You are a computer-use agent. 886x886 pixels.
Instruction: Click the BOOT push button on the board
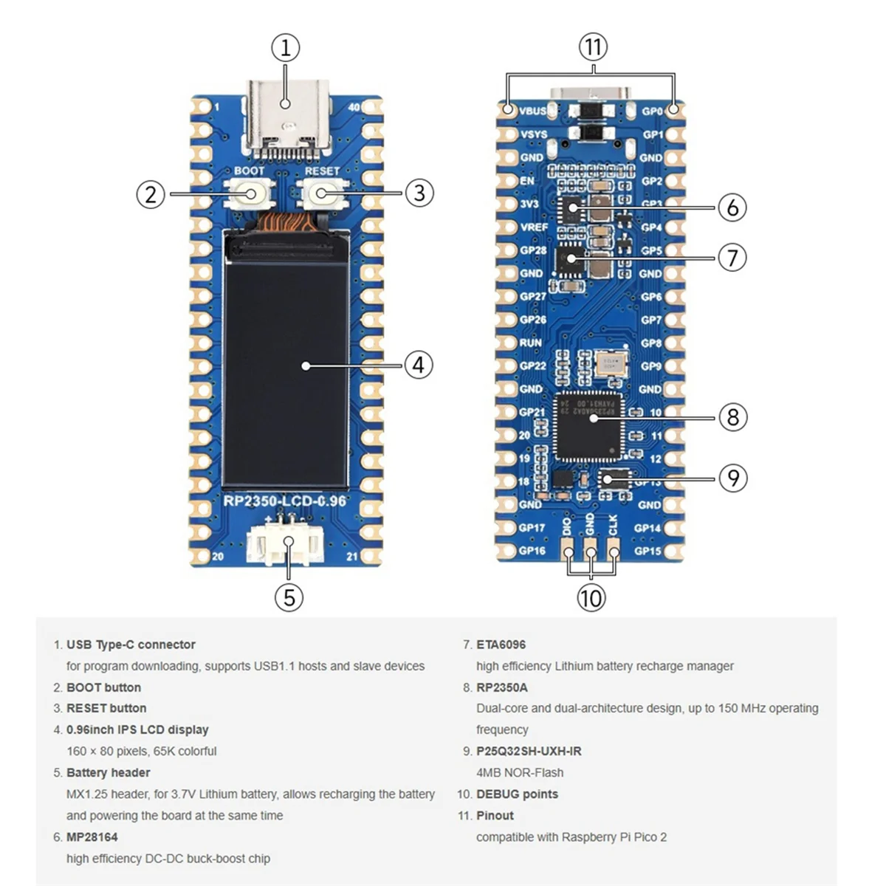pos(249,194)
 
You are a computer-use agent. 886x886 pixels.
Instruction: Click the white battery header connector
pos(286,544)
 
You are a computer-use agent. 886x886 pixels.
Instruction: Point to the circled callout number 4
pos(419,365)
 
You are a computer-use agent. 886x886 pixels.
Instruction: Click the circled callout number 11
pos(593,47)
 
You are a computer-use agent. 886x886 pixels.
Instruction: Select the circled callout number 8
pos(732,417)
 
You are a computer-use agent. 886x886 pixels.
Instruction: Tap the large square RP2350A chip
pos(588,426)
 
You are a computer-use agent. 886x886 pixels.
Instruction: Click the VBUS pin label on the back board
pos(533,111)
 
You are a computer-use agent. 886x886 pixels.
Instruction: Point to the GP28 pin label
pos(532,250)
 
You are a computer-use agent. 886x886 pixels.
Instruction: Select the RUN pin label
pos(530,343)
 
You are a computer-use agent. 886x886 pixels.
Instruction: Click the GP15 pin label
pos(648,551)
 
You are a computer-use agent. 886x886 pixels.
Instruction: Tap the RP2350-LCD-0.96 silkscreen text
pos(285,501)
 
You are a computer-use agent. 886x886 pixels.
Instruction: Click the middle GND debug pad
pos(590,550)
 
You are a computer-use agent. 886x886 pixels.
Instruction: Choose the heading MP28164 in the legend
pos(92,837)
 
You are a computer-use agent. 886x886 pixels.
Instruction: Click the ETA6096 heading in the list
pos(501,645)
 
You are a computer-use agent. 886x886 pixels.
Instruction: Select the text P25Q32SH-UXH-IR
pos(529,751)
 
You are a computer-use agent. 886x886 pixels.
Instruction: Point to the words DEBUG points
pos(517,794)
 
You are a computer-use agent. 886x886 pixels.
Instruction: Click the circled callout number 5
pos(289,597)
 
